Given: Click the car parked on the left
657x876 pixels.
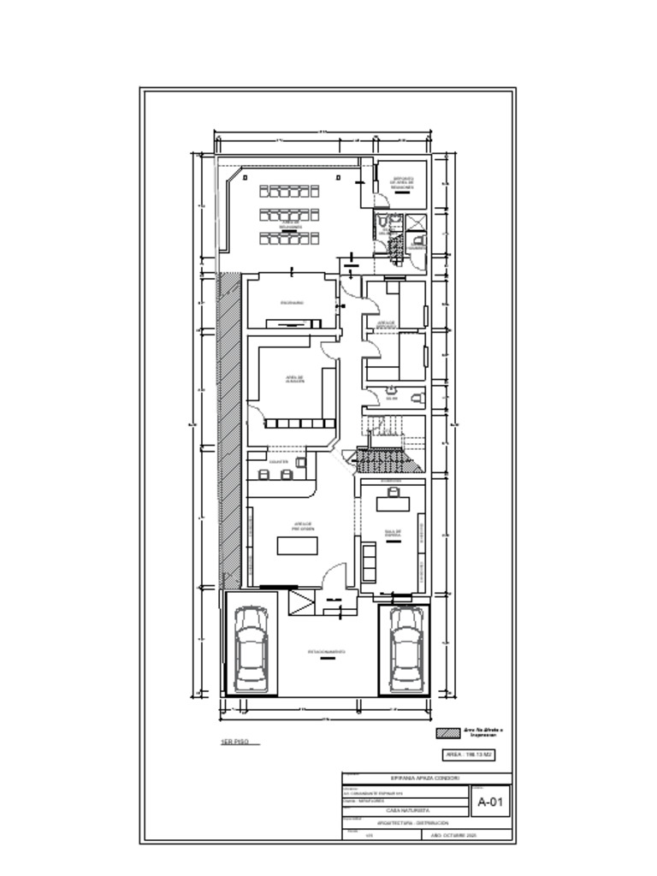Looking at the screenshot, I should pos(252,649).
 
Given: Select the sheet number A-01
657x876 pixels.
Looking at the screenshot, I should pos(492,802).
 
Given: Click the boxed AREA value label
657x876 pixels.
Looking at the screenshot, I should pos(470,755).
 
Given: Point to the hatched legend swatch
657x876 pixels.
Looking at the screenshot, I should pos(447,733).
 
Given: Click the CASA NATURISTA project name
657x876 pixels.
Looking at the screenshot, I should pos(407,809).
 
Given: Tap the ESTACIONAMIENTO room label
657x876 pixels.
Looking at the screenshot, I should pos(326,652).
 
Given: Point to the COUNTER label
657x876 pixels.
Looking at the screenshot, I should pos(279,462).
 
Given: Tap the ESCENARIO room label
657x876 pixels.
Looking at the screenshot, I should pos(293,303).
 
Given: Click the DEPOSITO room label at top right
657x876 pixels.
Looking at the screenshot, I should pos(401,182).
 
